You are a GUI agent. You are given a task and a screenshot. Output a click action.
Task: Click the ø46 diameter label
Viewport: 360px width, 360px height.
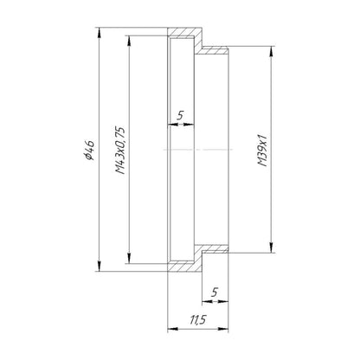click(89, 151)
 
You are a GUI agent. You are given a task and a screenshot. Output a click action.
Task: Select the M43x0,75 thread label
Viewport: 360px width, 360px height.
click(120, 151)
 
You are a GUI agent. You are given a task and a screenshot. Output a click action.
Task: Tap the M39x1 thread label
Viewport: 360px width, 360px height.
click(263, 151)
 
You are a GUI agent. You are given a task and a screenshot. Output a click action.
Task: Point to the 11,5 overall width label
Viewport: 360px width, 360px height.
click(198, 319)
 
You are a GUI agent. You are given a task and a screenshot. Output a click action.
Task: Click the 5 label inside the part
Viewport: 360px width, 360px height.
click(180, 115)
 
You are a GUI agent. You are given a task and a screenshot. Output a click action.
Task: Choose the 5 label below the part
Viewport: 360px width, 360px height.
click(214, 292)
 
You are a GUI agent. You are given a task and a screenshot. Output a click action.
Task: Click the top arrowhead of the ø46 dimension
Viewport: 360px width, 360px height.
click(99, 32)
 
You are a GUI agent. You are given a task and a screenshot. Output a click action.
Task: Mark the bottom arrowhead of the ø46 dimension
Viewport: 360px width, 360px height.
click(99, 267)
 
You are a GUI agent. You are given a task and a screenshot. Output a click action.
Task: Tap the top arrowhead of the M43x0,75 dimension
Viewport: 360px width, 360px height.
click(129, 41)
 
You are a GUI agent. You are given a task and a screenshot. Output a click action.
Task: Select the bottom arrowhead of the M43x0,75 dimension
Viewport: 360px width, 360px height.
click(129, 259)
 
